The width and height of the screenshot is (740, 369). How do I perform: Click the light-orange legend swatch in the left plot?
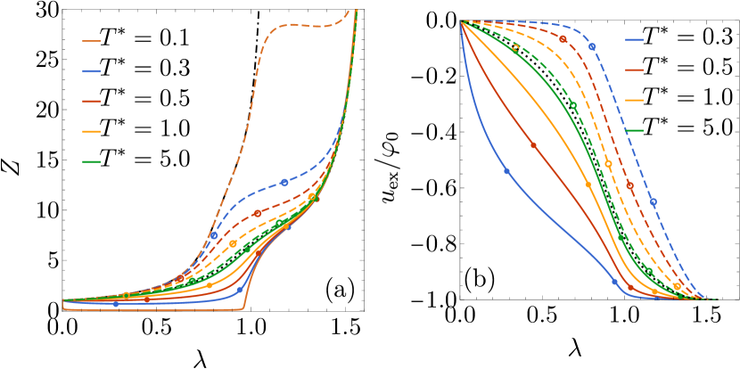coord(91,41)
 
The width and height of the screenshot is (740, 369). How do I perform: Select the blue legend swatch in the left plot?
coord(91,71)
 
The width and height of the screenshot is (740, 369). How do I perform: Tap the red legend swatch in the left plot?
coord(91,102)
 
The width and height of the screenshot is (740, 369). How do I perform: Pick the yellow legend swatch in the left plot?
coord(91,131)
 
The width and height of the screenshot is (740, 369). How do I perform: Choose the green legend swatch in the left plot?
coord(91,161)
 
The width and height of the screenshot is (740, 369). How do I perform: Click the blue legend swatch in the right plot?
coord(634,40)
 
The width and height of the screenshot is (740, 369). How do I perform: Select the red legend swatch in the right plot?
coord(634,70)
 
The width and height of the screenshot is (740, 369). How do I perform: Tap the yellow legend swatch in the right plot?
coord(634,100)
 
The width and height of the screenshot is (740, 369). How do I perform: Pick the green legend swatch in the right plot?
coord(634,130)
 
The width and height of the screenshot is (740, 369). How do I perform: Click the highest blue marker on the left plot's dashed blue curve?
coord(284,183)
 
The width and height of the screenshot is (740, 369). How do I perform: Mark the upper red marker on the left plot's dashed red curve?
coord(258,213)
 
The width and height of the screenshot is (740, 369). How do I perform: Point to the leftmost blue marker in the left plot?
coord(116,304)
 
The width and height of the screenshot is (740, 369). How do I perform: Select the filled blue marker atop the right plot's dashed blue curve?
coord(592,46)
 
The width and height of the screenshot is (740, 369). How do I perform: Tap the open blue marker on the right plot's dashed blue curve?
coord(654,201)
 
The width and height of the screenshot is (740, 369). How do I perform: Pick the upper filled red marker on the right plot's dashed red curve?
coord(563,39)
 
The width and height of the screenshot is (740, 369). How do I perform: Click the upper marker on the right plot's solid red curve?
coord(533,145)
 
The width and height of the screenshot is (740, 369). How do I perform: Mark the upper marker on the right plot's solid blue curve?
coord(506,171)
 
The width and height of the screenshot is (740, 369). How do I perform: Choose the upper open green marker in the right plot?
coord(515,49)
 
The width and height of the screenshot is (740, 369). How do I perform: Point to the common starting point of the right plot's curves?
coord(461,21)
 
